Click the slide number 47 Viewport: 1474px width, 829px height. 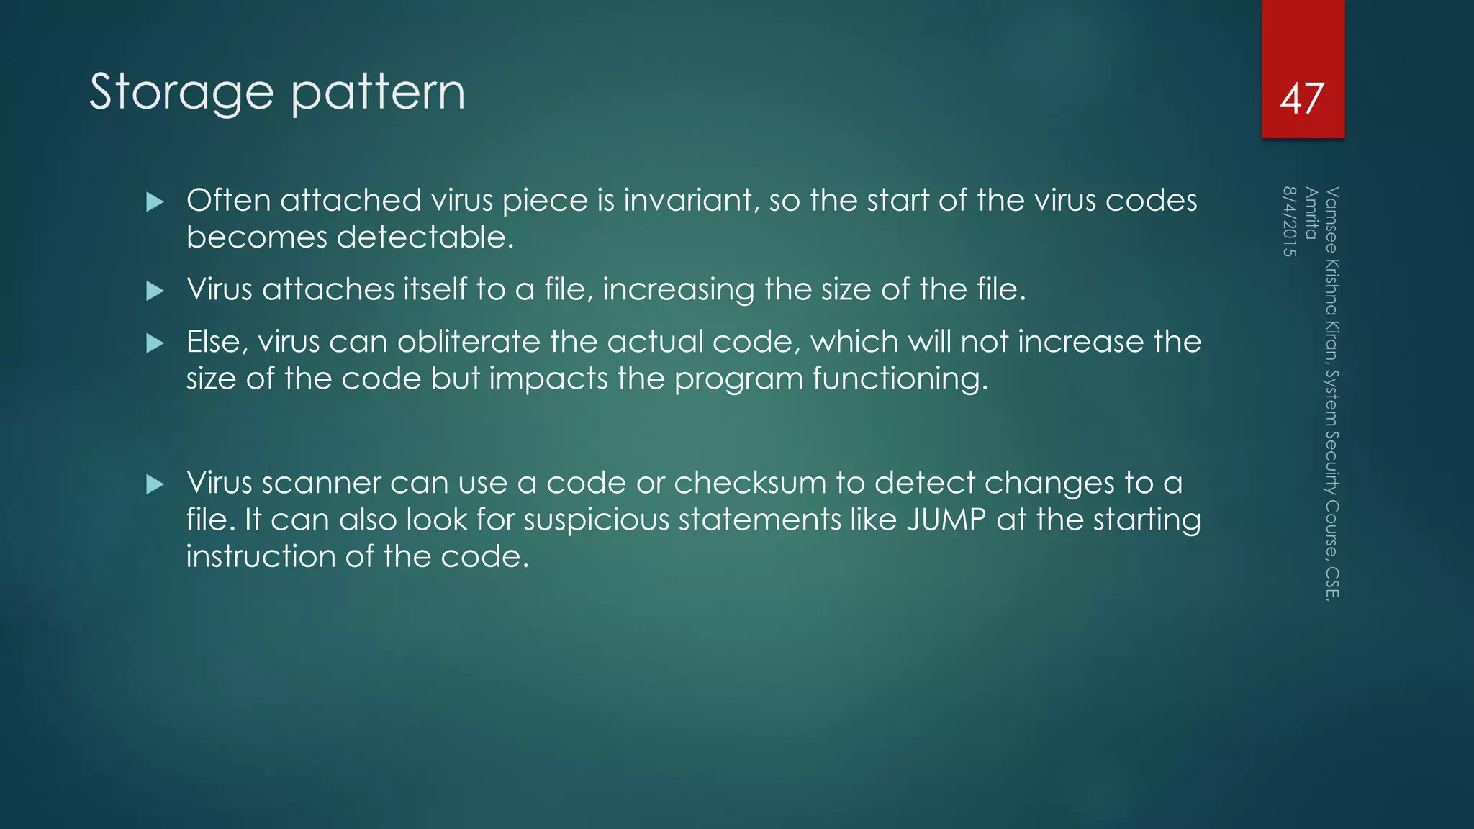pyautogui.click(x=1302, y=99)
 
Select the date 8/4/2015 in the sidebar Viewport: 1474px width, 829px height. pyautogui.click(x=1289, y=222)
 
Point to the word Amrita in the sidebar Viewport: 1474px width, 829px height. pyautogui.click(x=1311, y=213)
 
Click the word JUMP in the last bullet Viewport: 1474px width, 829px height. pyautogui.click(x=946, y=520)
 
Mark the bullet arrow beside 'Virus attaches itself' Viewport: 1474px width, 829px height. pyautogui.click(x=155, y=291)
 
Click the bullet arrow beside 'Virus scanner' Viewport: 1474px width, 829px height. pyautogui.click(x=155, y=484)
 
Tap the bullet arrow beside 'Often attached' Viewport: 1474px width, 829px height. pyautogui.click(x=155, y=201)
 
